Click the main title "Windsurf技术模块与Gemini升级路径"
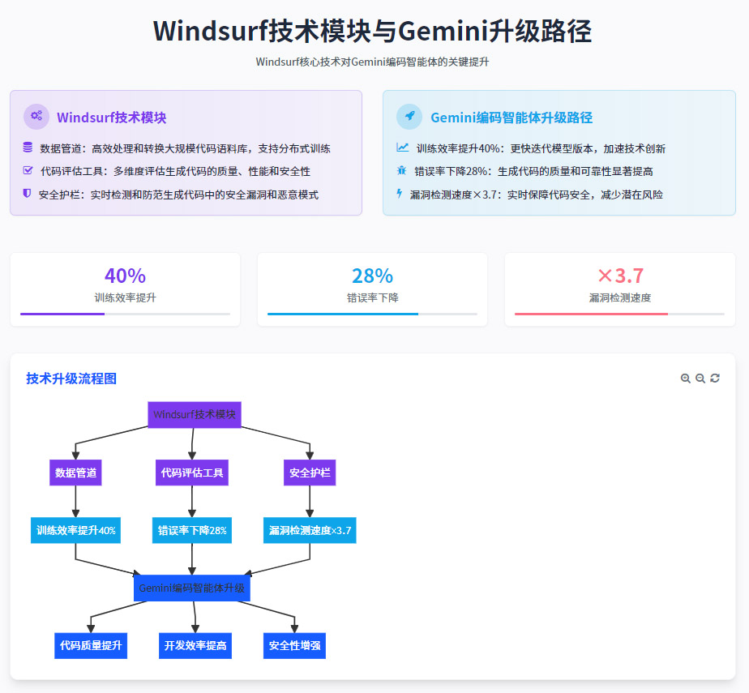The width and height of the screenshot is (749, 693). (x=372, y=31)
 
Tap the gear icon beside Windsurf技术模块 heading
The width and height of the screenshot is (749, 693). (x=36, y=116)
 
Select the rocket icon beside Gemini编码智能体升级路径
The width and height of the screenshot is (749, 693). (x=409, y=116)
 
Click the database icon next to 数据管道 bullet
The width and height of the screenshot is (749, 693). (x=28, y=148)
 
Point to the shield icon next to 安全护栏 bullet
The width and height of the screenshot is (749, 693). (x=28, y=194)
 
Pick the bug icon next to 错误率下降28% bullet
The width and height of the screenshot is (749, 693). (x=401, y=170)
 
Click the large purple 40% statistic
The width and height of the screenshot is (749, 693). (x=125, y=276)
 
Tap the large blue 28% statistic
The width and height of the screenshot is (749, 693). (x=372, y=276)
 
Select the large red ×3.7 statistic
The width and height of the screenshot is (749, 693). (x=619, y=276)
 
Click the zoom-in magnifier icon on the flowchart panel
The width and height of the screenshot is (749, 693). (x=686, y=379)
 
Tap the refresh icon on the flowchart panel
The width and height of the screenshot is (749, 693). (x=715, y=379)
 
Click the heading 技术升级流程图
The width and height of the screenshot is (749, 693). (x=71, y=379)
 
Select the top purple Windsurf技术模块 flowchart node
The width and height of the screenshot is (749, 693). (x=195, y=414)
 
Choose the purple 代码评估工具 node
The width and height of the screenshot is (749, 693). (x=192, y=473)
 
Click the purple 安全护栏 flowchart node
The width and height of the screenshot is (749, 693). (x=310, y=473)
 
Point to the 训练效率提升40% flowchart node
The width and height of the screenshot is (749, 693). (x=75, y=531)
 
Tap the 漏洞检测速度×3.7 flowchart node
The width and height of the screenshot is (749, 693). (x=310, y=531)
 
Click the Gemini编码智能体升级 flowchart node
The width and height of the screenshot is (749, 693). (x=191, y=588)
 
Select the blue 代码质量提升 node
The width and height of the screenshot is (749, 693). (x=91, y=645)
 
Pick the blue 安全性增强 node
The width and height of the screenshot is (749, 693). (x=294, y=645)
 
